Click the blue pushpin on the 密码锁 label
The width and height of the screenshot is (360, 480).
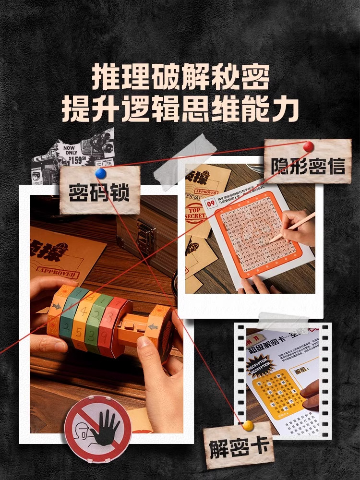[x=100, y=173]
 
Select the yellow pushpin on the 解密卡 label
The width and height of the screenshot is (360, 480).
[x=248, y=425]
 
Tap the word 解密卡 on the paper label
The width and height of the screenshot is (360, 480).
[x=238, y=448]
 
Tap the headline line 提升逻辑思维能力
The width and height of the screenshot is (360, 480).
[x=180, y=109]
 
